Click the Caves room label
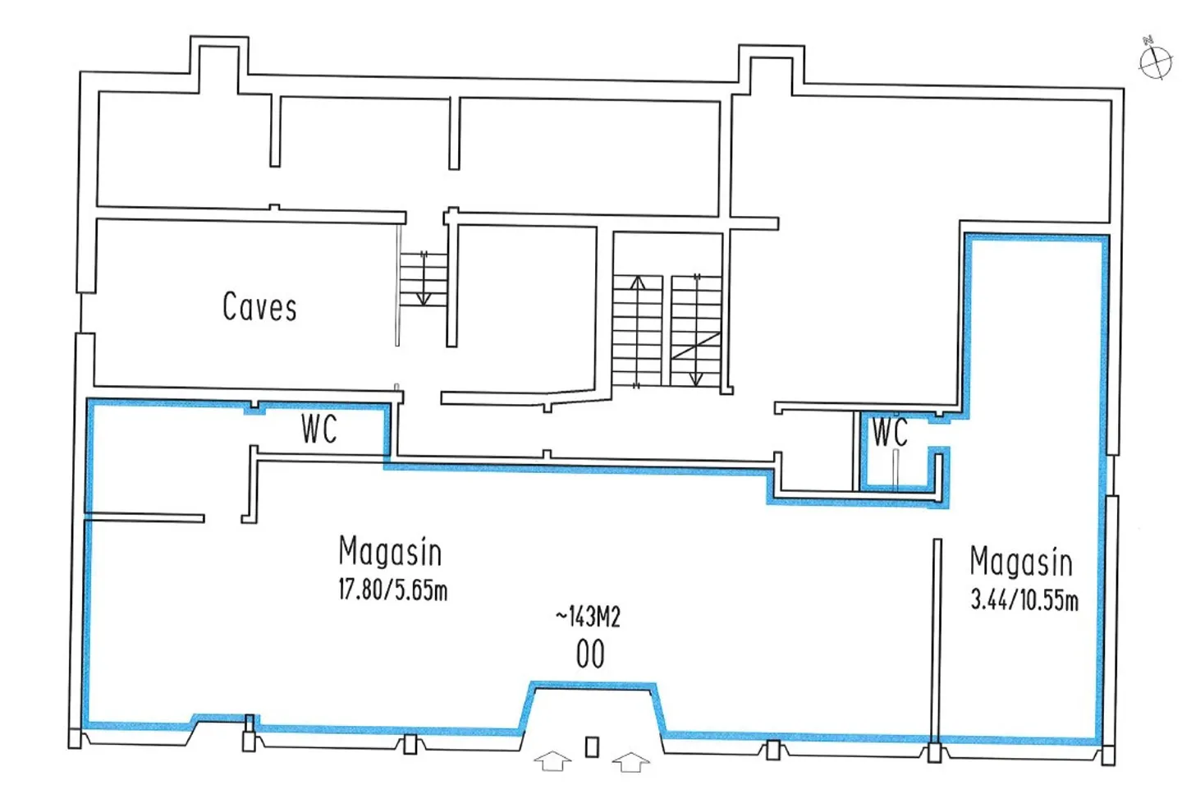259,307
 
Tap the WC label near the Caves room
318,429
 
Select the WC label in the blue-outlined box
890,432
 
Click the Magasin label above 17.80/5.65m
390,551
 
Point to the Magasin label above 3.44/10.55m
1021,562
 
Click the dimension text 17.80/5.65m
392,590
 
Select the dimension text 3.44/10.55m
1024,599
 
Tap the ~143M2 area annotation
588,616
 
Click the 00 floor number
590,654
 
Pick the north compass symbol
1155,61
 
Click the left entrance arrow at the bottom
553,761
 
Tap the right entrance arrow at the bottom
630,761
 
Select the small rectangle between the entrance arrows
592,746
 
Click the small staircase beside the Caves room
424,279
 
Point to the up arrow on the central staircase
637,283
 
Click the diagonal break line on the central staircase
696,346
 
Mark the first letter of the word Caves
231,307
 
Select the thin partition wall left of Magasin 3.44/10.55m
937,641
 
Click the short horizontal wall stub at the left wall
144,518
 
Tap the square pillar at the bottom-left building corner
75,738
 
